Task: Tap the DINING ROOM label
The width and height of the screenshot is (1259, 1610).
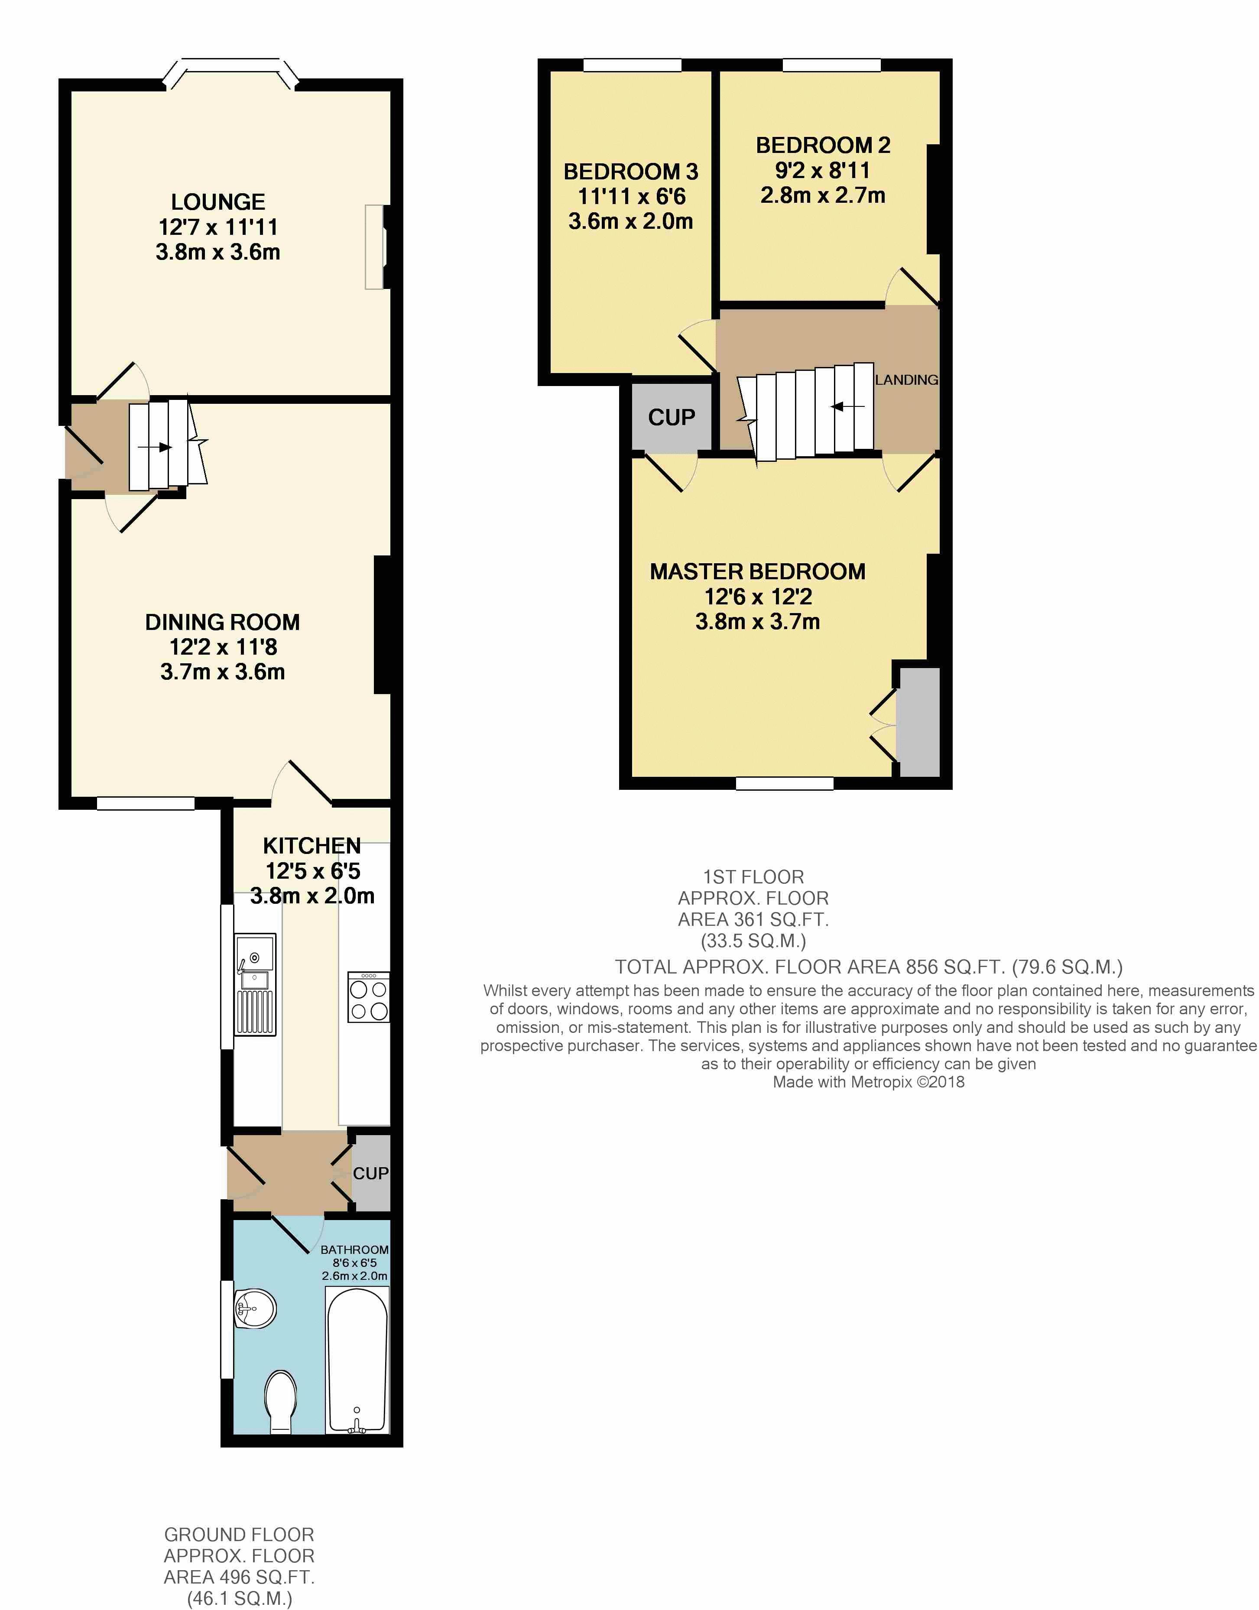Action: coord(223,622)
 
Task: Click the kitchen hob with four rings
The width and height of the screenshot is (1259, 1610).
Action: coord(369,997)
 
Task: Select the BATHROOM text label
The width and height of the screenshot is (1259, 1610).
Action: coord(354,1250)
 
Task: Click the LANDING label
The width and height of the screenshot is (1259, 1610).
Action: coord(907,380)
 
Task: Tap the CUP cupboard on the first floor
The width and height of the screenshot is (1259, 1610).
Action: coord(672,417)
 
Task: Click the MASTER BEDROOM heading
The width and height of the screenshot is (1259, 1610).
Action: coord(758,572)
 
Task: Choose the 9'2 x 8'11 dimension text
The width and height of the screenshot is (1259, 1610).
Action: coord(823,170)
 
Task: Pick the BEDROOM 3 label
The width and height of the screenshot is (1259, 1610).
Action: coord(631,172)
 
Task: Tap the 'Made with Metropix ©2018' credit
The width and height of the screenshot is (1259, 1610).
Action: coord(868,1082)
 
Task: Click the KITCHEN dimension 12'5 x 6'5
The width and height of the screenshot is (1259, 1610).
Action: coord(312,871)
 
